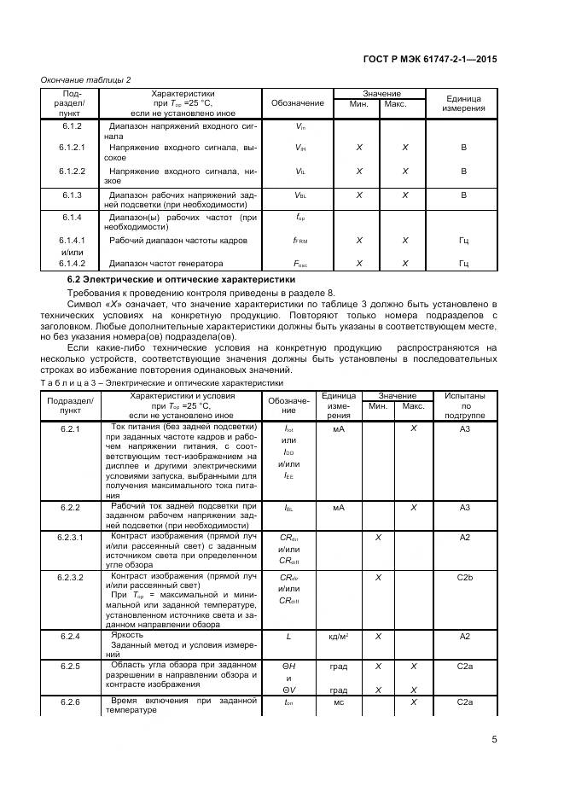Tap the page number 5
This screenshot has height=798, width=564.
495,740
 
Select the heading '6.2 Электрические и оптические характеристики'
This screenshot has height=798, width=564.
182,279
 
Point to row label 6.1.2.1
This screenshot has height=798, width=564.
73,148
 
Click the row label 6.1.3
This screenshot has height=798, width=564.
71,195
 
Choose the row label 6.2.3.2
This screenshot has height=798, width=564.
70,578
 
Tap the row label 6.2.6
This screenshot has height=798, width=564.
70,702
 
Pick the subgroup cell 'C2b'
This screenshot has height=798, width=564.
465,578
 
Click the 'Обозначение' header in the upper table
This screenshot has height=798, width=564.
298,103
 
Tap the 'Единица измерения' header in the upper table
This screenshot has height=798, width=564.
464,103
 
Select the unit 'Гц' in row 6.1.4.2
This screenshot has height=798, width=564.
464,264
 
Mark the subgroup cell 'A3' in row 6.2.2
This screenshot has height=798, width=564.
465,507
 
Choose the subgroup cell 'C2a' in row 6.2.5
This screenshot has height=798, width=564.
465,665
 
